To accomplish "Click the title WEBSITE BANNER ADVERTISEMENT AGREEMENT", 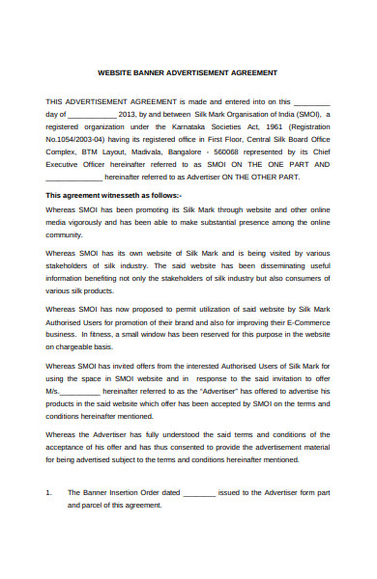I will click(x=188, y=72).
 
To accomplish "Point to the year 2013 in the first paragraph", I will click(x=129, y=113).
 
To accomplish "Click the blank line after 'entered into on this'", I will click(x=311, y=100).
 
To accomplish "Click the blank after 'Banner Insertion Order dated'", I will click(x=199, y=492).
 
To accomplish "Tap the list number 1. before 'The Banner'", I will click(x=48, y=492).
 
